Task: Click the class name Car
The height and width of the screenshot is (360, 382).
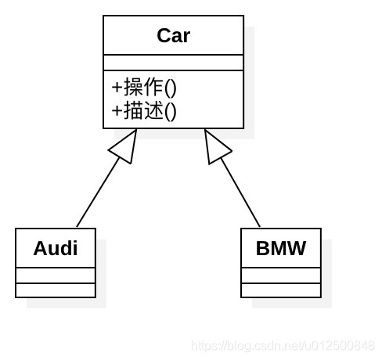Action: (x=173, y=36)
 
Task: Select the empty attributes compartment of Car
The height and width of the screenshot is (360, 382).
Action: (x=173, y=63)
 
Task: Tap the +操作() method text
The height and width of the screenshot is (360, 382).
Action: (x=144, y=86)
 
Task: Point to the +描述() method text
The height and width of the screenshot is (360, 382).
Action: (x=144, y=110)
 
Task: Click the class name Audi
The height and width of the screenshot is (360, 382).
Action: (x=56, y=249)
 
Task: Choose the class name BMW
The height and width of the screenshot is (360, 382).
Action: (x=281, y=249)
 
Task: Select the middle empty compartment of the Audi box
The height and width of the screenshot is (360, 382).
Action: (x=56, y=275)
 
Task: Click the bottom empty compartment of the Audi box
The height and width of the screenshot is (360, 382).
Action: (x=56, y=290)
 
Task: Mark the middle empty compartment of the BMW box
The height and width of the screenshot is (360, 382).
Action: (x=281, y=275)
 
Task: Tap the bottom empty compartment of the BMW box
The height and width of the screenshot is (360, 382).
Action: (x=281, y=290)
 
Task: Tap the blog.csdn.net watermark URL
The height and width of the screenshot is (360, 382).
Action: (x=283, y=346)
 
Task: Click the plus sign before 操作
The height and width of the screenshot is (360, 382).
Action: (x=117, y=87)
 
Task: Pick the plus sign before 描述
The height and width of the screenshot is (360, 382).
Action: (x=117, y=111)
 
